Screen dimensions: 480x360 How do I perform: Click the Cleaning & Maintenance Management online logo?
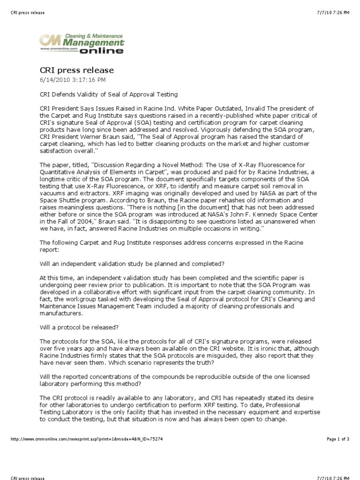[82, 43]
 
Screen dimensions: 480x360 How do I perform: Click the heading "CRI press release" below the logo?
[77, 70]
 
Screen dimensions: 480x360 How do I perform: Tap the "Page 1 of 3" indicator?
[338, 439]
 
